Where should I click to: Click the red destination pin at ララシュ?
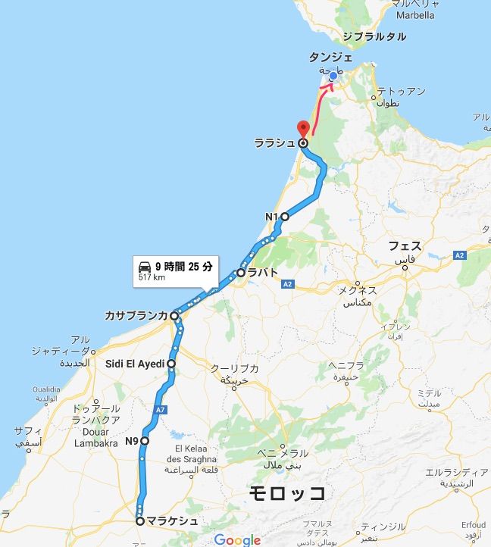click(302, 129)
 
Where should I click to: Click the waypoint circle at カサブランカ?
click(174, 315)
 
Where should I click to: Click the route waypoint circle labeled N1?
click(285, 217)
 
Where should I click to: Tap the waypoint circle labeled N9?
click(145, 440)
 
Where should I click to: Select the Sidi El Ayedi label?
click(135, 364)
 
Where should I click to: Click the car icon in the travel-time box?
click(144, 267)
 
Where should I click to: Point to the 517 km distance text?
click(152, 277)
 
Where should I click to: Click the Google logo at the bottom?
click(236, 539)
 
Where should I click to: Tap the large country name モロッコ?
click(289, 493)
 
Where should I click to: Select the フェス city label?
click(405, 245)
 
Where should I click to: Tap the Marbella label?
click(414, 14)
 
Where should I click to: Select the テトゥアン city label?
click(401, 91)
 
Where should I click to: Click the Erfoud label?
click(472, 524)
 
